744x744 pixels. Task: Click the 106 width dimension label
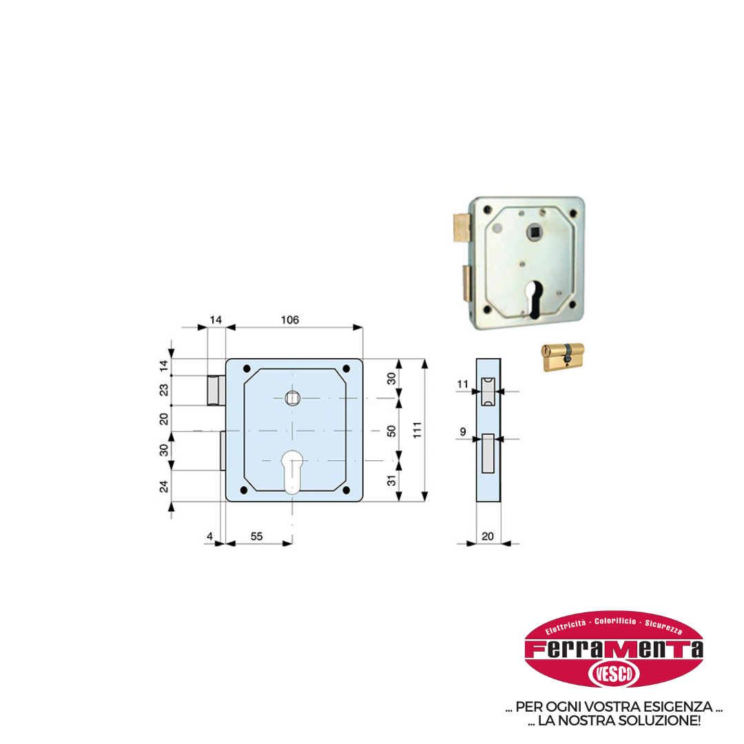click(290, 320)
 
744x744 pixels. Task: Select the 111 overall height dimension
click(417, 430)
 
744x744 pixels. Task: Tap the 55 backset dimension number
click(257, 536)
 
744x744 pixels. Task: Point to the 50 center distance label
click(391, 431)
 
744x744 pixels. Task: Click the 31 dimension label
click(391, 480)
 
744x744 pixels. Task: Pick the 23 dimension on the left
click(164, 390)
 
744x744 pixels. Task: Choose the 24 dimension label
click(164, 487)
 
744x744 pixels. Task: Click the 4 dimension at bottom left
click(209, 536)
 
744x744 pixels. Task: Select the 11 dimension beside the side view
click(463, 384)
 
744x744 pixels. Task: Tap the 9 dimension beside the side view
click(463, 432)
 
